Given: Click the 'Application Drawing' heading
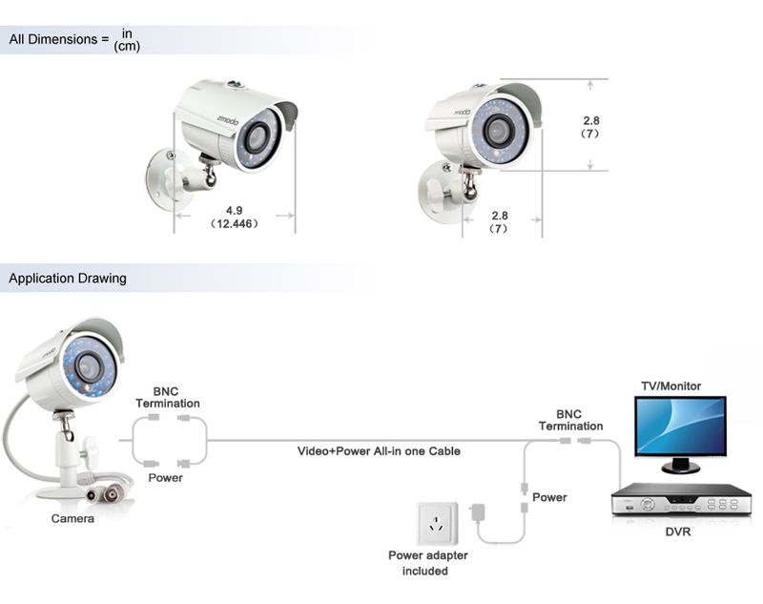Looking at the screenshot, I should (x=67, y=280).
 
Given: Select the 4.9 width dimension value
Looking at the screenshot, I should (x=234, y=209).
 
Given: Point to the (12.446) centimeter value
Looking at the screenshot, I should (x=234, y=223).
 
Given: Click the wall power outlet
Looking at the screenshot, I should (x=438, y=523).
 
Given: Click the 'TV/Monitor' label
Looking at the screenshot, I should (x=670, y=386).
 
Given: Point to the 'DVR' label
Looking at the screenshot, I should (x=677, y=531).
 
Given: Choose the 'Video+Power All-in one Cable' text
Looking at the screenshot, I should (x=379, y=450).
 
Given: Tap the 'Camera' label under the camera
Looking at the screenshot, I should (x=72, y=519).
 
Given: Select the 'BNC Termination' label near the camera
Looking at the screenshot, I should (x=168, y=397).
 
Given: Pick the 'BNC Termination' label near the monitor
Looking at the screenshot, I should (x=570, y=420).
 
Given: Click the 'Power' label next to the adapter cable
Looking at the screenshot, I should (x=549, y=497).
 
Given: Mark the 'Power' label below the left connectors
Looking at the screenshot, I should (x=165, y=477).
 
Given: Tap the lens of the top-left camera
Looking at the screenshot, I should (x=254, y=135).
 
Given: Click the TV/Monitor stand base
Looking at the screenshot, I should (x=679, y=469).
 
